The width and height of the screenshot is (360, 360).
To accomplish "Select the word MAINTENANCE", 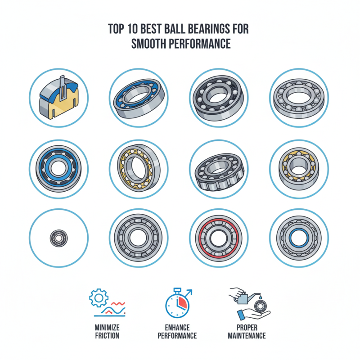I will point(247,335).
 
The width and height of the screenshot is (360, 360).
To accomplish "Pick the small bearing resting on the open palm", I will point(260,307).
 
